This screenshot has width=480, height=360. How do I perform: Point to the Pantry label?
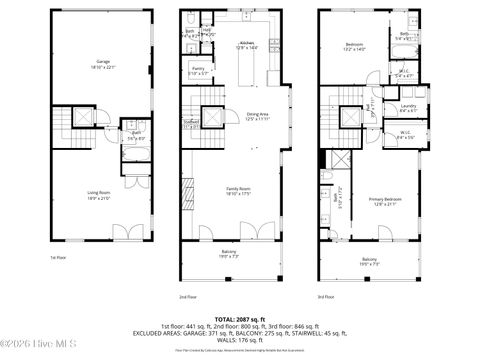click(x=199, y=70)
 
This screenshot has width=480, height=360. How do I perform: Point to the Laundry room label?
click(x=407, y=107)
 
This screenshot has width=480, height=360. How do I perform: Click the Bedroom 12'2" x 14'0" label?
click(x=355, y=45)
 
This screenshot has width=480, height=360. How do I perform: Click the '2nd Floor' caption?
click(x=187, y=297)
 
